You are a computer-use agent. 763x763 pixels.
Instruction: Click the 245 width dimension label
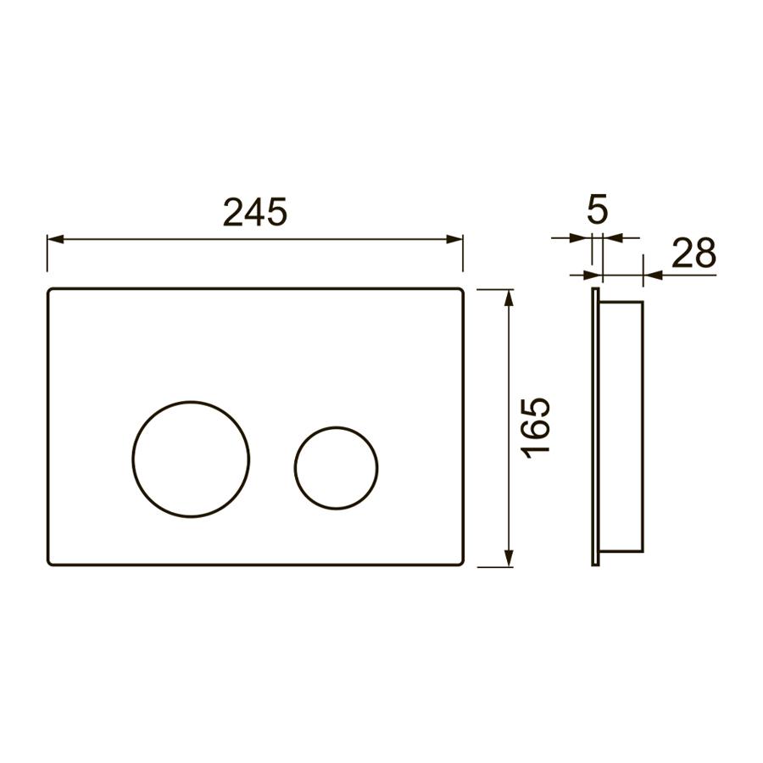click(255, 213)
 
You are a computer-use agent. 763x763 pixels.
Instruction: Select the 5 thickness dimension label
click(597, 209)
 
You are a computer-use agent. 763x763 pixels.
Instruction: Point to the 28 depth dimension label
click(693, 253)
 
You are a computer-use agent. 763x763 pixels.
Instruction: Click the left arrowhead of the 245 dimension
click(55, 239)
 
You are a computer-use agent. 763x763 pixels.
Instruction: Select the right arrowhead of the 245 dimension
click(454, 239)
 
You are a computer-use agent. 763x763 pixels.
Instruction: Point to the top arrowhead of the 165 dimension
click(509, 298)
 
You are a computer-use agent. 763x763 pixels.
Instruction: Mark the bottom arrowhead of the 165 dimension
click(509, 558)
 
